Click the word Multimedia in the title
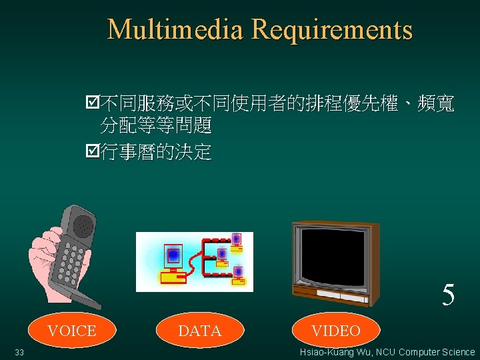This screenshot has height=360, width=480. [x=176, y=30]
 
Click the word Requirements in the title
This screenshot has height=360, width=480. [x=332, y=30]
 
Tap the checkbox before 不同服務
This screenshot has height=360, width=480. [x=93, y=103]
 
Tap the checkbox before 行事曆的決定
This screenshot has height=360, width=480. [x=93, y=153]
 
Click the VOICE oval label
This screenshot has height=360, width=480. [x=72, y=331]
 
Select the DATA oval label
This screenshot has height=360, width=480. [x=200, y=331]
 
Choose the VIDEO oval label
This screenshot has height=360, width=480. [x=336, y=331]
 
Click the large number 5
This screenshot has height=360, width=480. [x=449, y=295]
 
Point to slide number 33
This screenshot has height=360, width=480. [x=19, y=352]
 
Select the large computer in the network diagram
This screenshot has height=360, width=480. [x=171, y=264]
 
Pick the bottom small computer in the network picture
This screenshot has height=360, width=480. [x=237, y=275]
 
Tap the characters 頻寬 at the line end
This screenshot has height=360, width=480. [x=436, y=103]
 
